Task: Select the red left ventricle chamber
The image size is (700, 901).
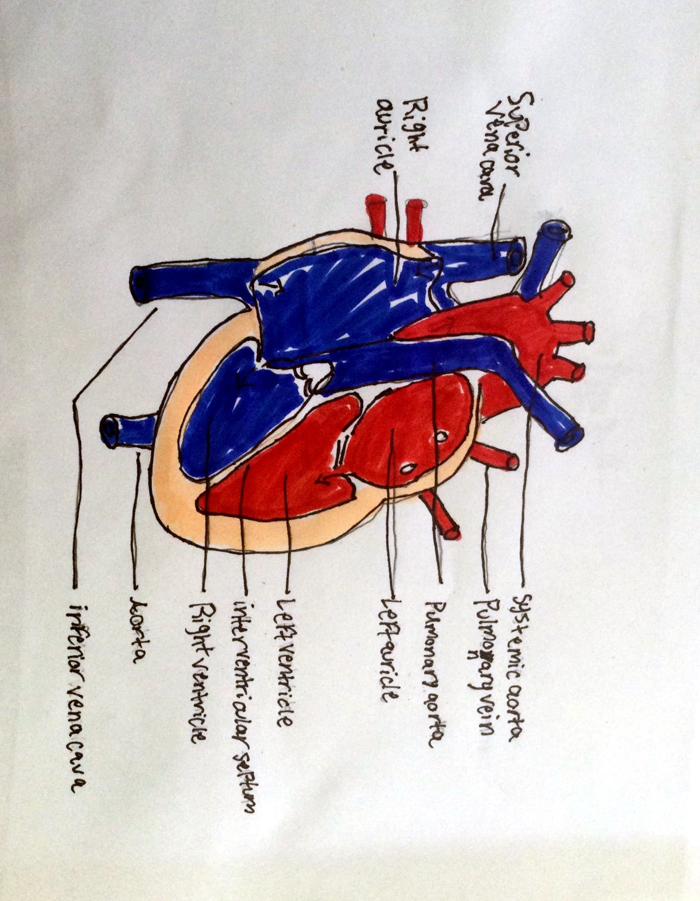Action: pyautogui.click(x=280, y=474)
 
